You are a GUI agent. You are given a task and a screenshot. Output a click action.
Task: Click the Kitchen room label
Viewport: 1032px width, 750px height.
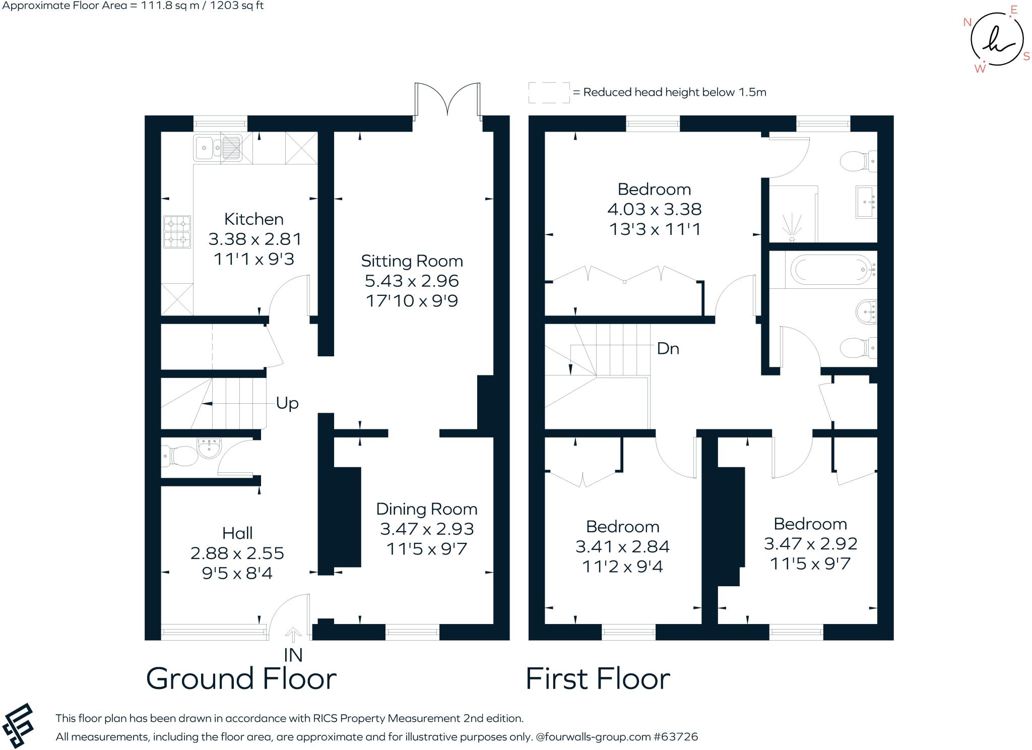(253, 219)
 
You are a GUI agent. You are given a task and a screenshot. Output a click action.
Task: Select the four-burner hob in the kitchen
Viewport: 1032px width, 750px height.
(177, 231)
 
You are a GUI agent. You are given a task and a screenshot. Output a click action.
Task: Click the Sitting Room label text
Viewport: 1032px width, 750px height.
(412, 261)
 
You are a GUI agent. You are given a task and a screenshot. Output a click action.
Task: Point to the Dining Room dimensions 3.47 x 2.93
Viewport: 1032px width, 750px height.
(427, 529)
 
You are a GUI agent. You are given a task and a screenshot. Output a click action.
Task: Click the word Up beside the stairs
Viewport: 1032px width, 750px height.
(287, 403)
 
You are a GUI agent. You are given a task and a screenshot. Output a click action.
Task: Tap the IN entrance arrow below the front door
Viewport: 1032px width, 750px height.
(293, 635)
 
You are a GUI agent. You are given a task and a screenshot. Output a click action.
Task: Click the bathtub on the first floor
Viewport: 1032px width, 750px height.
(831, 270)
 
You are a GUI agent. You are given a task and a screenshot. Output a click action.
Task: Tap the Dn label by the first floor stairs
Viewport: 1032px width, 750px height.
(668, 348)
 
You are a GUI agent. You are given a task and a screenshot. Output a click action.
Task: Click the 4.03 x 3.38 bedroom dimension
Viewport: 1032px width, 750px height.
(654, 209)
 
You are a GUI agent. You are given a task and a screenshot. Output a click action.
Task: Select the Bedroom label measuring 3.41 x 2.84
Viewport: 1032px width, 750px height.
(622, 526)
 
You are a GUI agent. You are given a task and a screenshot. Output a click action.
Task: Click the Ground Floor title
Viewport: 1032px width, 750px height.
(241, 678)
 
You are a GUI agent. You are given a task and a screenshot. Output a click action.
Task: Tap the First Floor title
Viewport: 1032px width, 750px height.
(598, 678)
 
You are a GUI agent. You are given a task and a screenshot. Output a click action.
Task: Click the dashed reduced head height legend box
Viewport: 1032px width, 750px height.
(549, 93)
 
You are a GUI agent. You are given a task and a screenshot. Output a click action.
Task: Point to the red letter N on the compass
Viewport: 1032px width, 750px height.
(967, 22)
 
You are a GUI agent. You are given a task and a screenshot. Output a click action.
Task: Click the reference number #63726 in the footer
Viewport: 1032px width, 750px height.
(676, 736)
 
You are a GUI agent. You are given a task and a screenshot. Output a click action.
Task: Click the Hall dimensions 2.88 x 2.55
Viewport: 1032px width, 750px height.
(237, 553)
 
